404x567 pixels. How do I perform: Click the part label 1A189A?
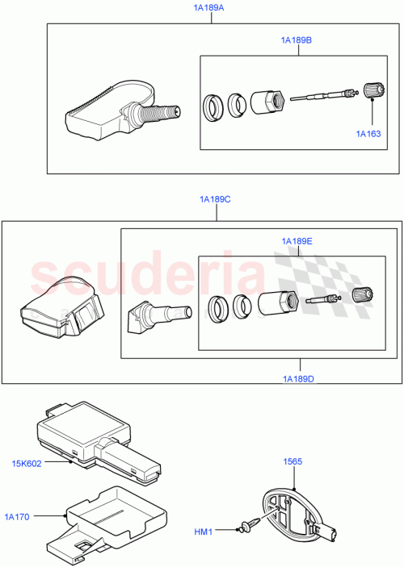(x=209, y=8)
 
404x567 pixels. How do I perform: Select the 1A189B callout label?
(x=297, y=40)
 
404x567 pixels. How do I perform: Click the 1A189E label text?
(x=297, y=241)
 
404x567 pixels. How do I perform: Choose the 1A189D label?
(x=298, y=378)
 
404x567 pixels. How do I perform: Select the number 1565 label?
(x=292, y=461)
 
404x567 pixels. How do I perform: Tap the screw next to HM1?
(x=249, y=526)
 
